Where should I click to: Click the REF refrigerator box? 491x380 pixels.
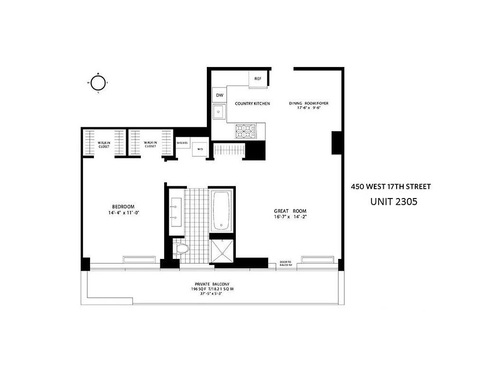pos(259,79)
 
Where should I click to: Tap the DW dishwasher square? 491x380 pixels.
pos(219,95)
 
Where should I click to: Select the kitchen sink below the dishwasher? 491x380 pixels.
pos(219,113)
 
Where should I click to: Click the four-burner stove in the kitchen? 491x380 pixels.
pos(246,130)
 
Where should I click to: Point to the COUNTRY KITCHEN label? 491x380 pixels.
pos(252,103)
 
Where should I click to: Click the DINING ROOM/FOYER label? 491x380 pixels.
pos(309,103)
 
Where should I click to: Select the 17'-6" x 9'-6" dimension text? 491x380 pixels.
pos(309,109)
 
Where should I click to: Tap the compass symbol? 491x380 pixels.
pos(98,83)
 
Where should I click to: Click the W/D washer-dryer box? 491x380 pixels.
pos(200,150)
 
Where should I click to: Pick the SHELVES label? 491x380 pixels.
pos(182,142)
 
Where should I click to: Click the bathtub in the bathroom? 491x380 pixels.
pos(221,210)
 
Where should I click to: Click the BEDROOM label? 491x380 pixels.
pos(123,207)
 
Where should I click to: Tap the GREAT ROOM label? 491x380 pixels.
pos(290,211)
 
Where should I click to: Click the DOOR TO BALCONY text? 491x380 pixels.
pos(285,263)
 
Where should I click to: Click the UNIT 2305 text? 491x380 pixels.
pos(393,201)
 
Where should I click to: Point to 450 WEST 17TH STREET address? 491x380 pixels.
pos(390,187)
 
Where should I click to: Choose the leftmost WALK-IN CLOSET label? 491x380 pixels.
pos(103,144)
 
